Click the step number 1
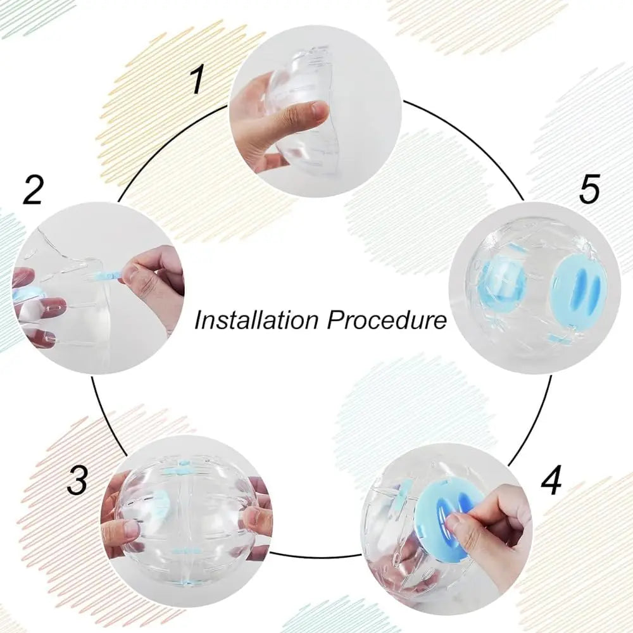point(198,81)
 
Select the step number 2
point(33,190)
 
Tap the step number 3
point(77,482)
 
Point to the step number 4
point(551,482)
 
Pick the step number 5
point(589,190)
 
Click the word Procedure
point(387,320)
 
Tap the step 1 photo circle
point(315,111)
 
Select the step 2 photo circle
point(99,288)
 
